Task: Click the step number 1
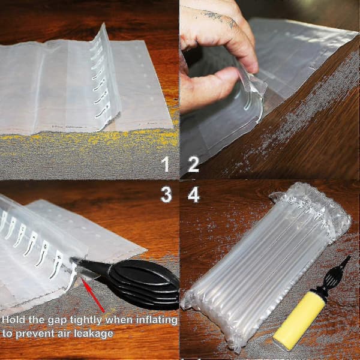(166, 164)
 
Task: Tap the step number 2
(193, 164)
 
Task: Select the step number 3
(166, 194)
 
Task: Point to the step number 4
(194, 194)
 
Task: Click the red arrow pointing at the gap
(93, 295)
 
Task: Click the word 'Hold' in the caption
(14, 320)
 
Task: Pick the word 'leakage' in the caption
(94, 334)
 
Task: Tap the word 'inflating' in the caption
(157, 320)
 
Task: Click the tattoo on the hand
(218, 17)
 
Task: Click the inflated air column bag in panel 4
(266, 264)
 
